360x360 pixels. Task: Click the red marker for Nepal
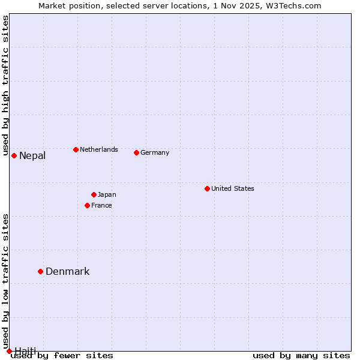[x=14, y=156]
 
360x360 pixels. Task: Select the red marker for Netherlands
[x=76, y=149]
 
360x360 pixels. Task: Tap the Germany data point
[x=136, y=152]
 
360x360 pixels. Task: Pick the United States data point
[x=207, y=188]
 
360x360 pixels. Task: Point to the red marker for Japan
[x=94, y=194]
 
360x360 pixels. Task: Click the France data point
[x=87, y=205]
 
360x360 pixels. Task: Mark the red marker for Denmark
[x=40, y=271]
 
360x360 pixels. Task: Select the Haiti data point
[x=9, y=351]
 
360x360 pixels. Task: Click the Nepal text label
[x=32, y=156]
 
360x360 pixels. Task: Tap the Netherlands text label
[x=99, y=149]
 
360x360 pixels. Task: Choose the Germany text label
[x=155, y=152]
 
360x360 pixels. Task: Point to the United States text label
[x=233, y=188]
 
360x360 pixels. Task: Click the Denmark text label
[x=68, y=271]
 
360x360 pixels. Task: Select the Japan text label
[x=107, y=194]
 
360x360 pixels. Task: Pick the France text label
[x=101, y=205]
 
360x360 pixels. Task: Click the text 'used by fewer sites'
[x=62, y=356]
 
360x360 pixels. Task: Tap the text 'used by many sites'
[x=301, y=356]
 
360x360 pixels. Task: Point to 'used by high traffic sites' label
[x=5, y=86]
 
